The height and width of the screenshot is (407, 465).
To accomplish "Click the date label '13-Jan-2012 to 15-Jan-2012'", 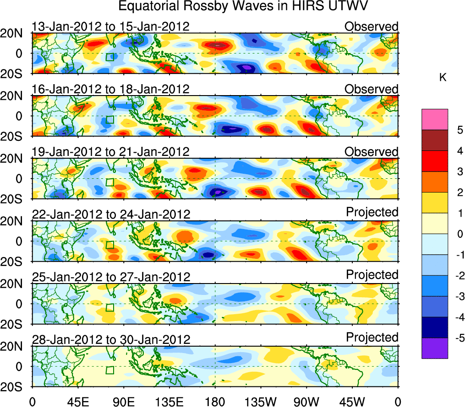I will [110, 27].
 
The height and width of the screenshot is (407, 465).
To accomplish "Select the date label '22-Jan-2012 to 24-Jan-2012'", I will [110, 214].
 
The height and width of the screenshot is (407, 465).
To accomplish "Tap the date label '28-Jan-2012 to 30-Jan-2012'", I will [110, 340].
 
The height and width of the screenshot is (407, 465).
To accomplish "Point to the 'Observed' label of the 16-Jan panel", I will [372, 89].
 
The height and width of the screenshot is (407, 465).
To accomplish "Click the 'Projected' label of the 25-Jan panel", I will [372, 275].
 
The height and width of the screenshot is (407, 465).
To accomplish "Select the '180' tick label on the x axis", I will [215, 401].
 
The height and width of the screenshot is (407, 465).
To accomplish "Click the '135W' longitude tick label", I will [261, 401].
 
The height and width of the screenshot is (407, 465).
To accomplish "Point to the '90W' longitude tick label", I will [306, 401].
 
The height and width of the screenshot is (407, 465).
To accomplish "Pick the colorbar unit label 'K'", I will [443, 78].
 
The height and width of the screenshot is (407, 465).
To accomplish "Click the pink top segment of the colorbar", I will [434, 119].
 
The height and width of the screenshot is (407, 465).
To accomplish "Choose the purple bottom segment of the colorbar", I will [434, 348].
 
